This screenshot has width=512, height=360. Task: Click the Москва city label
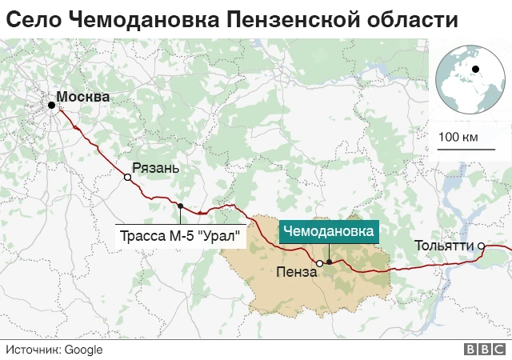point(84,98)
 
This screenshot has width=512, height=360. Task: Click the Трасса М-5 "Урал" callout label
point(181,237)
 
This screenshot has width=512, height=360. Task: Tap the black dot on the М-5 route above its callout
point(181,206)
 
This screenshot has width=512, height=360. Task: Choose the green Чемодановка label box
point(328,232)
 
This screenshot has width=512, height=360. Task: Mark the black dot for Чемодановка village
point(329,262)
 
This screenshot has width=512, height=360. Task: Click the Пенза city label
point(296,272)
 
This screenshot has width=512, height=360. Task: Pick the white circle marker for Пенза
point(319,263)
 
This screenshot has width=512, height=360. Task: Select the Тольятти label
point(444,246)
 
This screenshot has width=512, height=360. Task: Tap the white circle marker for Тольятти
point(482,246)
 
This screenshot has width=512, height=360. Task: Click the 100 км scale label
point(458,137)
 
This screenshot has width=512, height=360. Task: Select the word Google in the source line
point(83,350)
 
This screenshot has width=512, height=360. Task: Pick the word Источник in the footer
point(33,350)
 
